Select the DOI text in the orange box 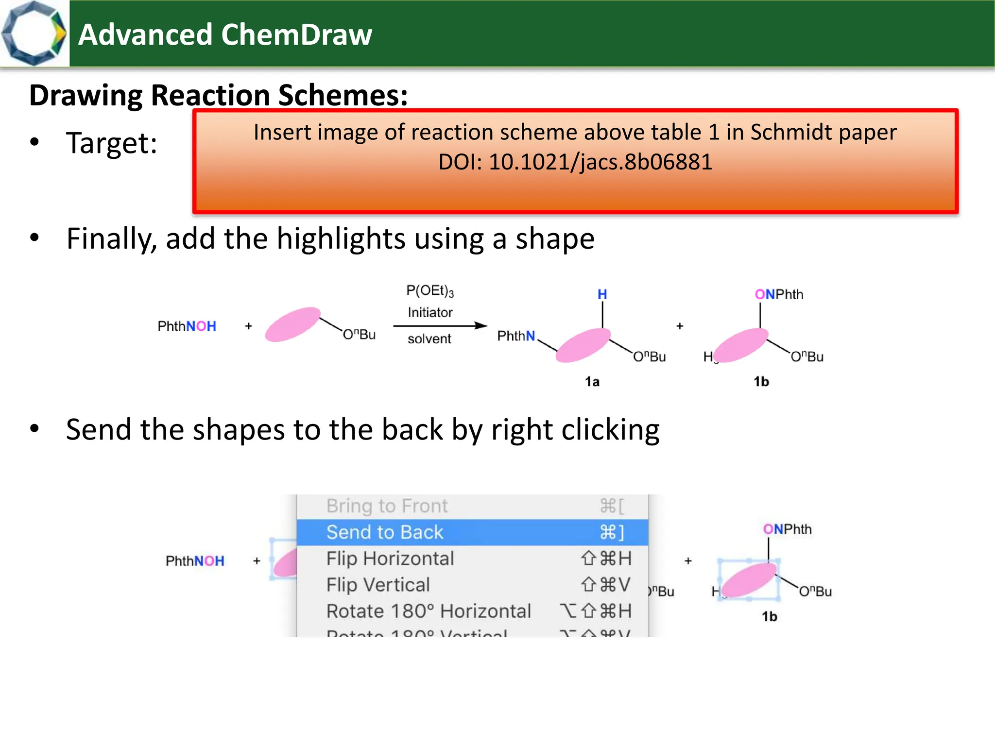[575, 162]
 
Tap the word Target [111, 143]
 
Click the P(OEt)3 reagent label [430, 291]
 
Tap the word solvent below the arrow [429, 339]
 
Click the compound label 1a [592, 382]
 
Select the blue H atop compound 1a [602, 294]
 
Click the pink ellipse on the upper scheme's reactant [292, 324]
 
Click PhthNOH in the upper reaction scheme [187, 326]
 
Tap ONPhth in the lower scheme [787, 529]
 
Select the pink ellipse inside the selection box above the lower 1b [749, 580]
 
